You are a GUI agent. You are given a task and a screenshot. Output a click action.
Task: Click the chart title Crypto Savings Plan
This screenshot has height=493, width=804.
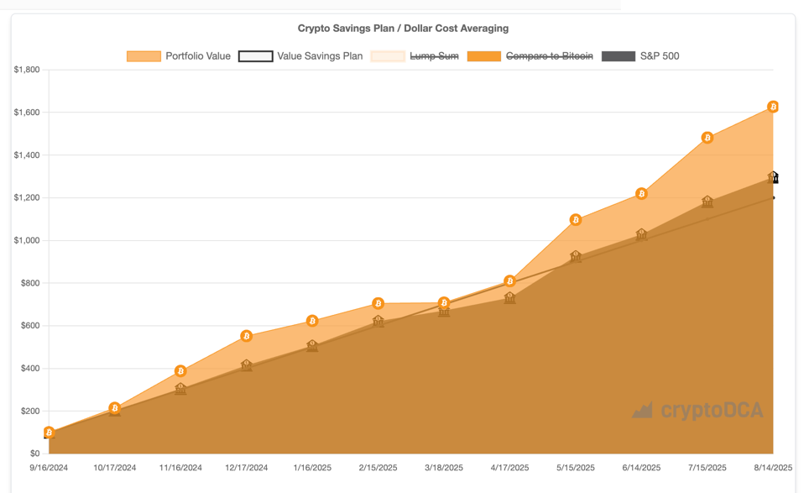tap(403, 29)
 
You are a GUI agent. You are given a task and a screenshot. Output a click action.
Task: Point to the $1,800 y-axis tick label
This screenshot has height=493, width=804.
tap(26, 70)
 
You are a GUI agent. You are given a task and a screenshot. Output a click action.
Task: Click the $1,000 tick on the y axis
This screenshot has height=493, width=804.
tap(26, 240)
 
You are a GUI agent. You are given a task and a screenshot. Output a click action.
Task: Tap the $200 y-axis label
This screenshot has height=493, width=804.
tap(29, 411)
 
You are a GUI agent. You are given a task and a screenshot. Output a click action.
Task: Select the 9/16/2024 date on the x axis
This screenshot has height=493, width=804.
tap(49, 468)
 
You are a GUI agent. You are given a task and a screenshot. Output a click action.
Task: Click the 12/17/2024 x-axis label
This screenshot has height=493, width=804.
tap(247, 468)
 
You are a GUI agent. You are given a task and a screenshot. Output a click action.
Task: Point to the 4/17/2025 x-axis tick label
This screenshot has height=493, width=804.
tap(509, 468)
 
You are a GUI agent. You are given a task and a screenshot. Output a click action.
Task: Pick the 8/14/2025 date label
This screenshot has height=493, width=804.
tap(772, 468)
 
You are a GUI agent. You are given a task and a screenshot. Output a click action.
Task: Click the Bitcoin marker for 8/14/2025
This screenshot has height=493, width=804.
tap(773, 107)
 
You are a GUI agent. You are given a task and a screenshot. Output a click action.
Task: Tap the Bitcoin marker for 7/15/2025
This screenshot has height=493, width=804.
tap(707, 138)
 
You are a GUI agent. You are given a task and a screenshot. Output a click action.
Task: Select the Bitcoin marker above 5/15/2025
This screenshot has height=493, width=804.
tap(576, 220)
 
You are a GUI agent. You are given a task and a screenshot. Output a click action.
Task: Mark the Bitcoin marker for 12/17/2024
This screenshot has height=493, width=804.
tap(247, 336)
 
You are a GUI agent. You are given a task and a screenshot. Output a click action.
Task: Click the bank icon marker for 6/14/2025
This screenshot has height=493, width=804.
tap(642, 234)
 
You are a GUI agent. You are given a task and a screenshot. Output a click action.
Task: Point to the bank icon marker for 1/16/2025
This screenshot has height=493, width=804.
tap(312, 345)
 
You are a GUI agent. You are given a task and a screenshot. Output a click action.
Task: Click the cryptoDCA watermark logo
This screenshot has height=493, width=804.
tap(698, 411)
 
